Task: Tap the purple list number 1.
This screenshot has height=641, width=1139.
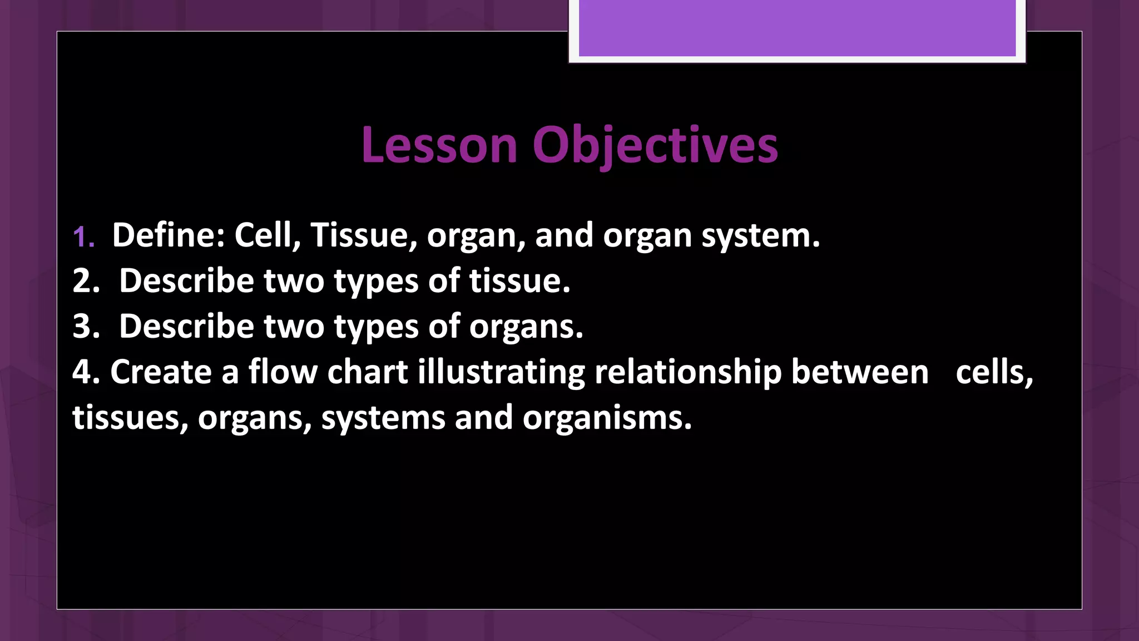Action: click(83, 236)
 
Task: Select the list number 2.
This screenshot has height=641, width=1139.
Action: click(86, 280)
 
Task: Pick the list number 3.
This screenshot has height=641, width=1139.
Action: click(86, 326)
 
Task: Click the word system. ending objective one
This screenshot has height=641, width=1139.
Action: click(760, 236)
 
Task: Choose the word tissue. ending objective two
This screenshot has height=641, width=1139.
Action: click(519, 280)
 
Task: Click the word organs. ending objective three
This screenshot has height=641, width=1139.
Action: click(526, 327)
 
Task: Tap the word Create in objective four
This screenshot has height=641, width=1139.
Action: click(161, 372)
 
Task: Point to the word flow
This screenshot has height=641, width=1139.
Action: click(283, 372)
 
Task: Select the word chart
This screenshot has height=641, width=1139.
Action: click(368, 372)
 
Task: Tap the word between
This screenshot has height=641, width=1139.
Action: click(860, 372)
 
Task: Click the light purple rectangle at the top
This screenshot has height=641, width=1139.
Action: click(797, 28)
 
